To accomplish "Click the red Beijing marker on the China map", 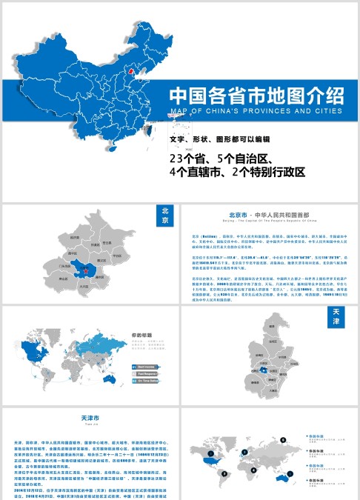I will [133, 72].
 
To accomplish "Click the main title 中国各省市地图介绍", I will [256, 96].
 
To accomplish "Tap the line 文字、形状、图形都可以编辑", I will [219, 139].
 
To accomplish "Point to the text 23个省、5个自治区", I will [221, 159].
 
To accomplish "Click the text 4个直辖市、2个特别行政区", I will [236, 172].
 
